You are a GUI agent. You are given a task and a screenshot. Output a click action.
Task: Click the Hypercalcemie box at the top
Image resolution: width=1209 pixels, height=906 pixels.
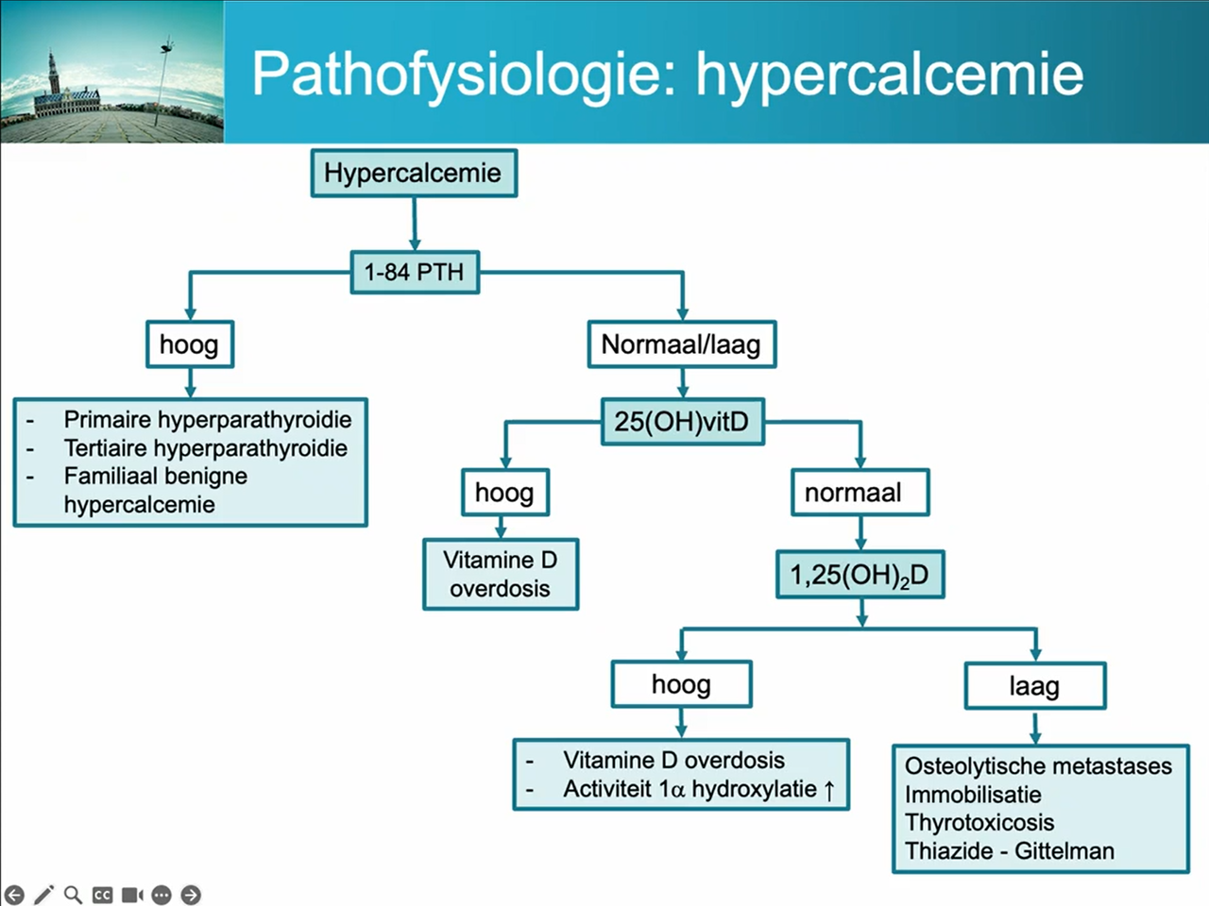click(414, 173)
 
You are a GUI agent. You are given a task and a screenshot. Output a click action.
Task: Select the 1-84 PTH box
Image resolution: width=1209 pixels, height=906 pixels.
click(415, 272)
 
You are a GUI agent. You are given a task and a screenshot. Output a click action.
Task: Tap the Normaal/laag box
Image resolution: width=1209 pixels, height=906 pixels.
click(681, 344)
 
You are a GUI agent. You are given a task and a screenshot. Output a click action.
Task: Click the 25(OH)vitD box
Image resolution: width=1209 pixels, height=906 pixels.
click(682, 421)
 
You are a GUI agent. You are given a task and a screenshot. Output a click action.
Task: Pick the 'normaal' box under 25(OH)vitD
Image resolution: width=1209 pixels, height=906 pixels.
click(860, 492)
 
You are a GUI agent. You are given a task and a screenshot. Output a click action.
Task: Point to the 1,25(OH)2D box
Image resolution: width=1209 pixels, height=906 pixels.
click(860, 575)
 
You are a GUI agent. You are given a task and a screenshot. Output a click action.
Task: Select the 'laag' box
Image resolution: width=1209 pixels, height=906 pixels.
click(1034, 686)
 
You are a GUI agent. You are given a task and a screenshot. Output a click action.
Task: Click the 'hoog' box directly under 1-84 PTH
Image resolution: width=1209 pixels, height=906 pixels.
click(189, 344)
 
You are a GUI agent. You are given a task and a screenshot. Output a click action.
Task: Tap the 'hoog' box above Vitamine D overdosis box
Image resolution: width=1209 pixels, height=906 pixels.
click(504, 492)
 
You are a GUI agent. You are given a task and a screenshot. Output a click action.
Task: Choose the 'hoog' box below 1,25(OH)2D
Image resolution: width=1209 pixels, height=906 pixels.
click(681, 684)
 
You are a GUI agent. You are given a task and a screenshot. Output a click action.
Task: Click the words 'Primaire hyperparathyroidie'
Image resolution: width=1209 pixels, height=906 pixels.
click(207, 419)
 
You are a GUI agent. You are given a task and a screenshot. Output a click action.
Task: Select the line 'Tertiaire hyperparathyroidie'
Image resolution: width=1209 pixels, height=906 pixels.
click(205, 447)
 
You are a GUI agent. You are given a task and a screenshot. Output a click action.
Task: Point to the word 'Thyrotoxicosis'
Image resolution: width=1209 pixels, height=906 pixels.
click(979, 822)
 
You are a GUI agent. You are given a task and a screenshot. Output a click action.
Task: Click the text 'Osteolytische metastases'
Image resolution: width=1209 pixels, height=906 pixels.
click(1038, 765)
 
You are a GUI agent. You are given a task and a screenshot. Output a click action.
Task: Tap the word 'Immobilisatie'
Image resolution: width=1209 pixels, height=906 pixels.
click(973, 794)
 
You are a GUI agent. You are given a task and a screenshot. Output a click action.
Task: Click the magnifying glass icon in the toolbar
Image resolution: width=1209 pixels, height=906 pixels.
click(73, 894)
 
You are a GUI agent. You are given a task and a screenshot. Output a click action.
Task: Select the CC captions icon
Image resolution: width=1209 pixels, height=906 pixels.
click(102, 895)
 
